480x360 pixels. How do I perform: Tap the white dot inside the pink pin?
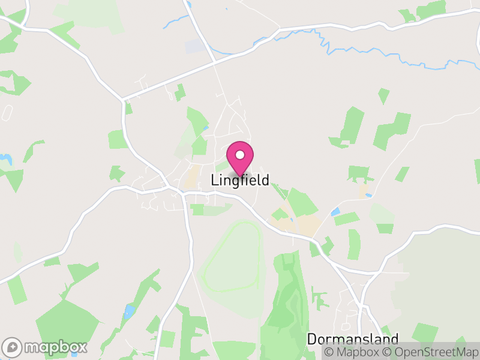(x=240, y=155)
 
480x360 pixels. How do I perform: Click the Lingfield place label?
(x=240, y=180)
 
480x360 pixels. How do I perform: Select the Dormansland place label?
(x=353, y=339)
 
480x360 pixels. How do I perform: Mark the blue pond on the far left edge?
(x=6, y=159)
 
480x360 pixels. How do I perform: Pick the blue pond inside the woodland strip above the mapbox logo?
(x=130, y=311)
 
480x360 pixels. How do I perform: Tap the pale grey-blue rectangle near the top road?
(x=194, y=46)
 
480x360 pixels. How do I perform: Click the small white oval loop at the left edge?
(x=7, y=113)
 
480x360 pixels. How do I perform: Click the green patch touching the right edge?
(x=477, y=171)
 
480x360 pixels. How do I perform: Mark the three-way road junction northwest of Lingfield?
(x=123, y=100)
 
